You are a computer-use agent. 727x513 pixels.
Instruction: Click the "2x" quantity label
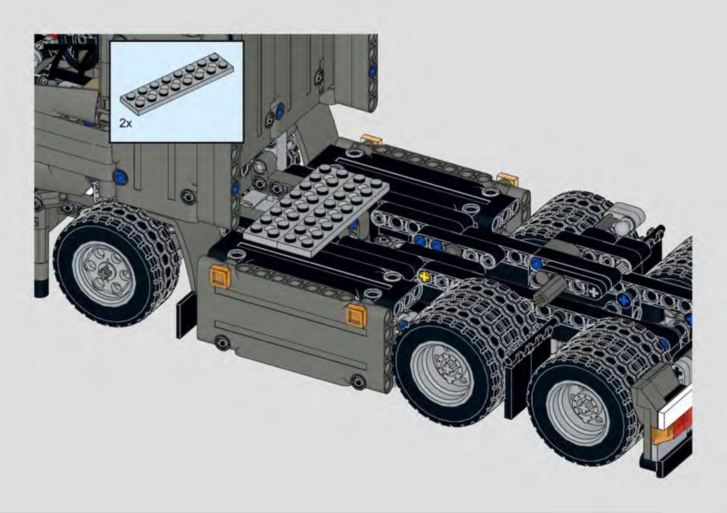tap(125, 123)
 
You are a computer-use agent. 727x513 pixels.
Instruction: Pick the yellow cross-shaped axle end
tap(424, 276)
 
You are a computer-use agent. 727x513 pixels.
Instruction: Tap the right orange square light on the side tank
tap(356, 316)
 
